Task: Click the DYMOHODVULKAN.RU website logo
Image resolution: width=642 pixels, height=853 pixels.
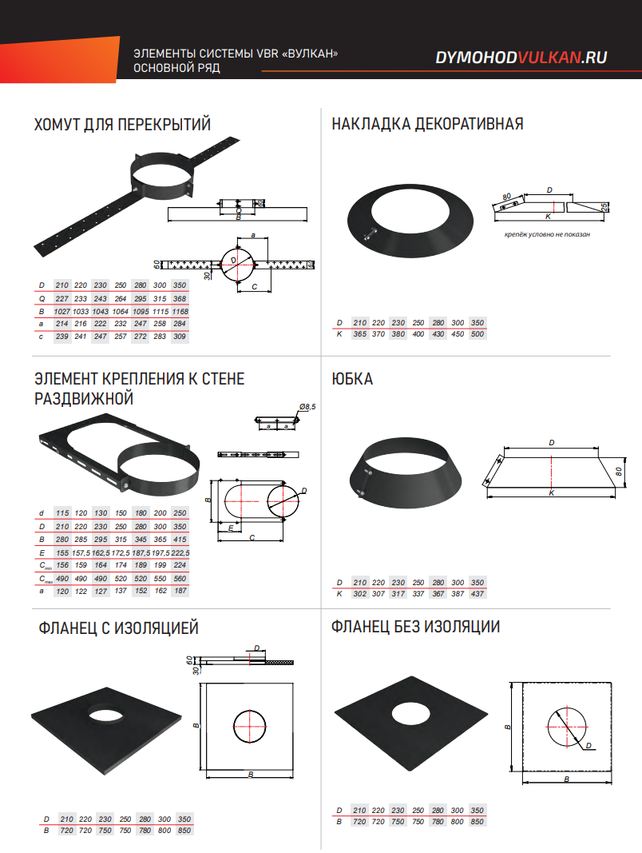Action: (x=521, y=57)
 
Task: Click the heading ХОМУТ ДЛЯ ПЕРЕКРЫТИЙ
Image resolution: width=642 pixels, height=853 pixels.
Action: (x=122, y=125)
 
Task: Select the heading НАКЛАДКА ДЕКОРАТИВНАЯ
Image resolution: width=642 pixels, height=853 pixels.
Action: (x=427, y=124)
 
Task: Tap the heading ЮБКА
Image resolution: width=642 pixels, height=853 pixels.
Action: (x=352, y=379)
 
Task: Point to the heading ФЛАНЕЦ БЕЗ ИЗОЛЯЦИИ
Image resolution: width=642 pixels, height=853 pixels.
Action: (x=415, y=627)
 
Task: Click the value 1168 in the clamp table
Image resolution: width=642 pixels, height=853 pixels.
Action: (x=180, y=312)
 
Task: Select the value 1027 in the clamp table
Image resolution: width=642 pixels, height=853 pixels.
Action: (x=62, y=312)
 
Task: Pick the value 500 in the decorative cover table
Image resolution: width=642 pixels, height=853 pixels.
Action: (x=478, y=334)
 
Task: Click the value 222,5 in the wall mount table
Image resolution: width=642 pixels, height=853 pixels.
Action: (x=180, y=552)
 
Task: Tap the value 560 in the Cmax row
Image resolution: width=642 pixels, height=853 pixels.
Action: (x=180, y=579)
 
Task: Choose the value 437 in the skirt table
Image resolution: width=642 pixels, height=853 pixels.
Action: (x=478, y=593)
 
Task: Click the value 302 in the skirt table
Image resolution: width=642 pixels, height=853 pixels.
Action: (x=359, y=593)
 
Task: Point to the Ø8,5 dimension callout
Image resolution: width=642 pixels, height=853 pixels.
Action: (x=307, y=407)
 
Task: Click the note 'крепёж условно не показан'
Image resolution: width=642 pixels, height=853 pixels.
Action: (x=547, y=234)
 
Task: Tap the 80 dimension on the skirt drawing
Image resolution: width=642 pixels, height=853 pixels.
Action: (x=619, y=472)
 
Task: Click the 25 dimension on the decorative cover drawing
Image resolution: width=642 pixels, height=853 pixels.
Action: (x=604, y=207)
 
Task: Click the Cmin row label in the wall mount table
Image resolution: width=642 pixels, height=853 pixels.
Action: (x=45, y=566)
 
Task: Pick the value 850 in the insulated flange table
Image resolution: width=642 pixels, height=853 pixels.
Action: (x=184, y=830)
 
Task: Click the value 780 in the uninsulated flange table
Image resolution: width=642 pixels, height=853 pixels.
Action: (x=438, y=822)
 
